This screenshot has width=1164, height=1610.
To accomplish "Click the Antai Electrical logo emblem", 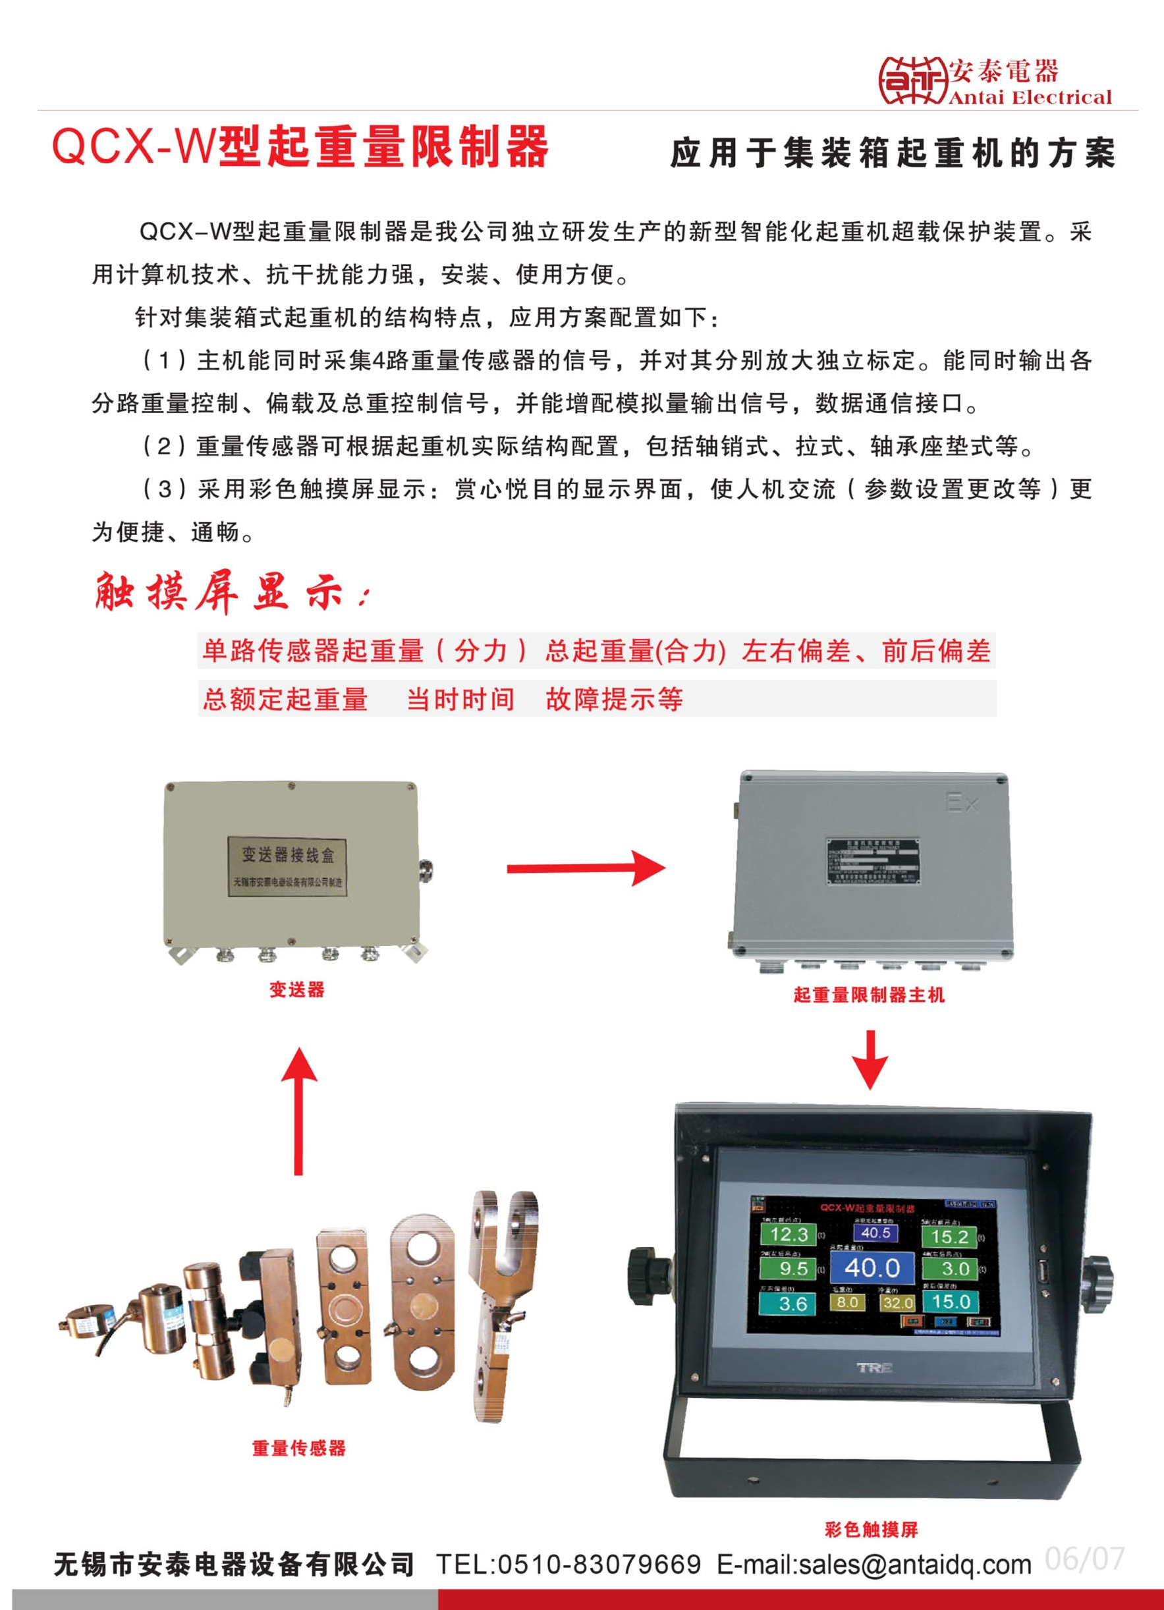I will click(x=914, y=80).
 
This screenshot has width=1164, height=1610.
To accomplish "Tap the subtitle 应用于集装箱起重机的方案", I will click(x=893, y=153).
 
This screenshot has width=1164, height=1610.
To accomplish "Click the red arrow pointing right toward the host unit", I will click(x=586, y=868).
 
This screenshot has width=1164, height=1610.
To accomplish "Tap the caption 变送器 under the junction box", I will click(x=296, y=989).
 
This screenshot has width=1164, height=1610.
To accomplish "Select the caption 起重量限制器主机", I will click(x=869, y=995).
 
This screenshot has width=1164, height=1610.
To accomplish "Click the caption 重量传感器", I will click(x=299, y=1448).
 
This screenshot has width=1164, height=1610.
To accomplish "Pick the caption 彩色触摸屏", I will click(x=871, y=1530).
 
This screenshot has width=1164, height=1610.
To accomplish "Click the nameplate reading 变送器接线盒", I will click(x=287, y=866).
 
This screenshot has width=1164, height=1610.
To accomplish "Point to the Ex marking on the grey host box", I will click(x=962, y=803).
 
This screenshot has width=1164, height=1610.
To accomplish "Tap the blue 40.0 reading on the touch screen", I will click(x=872, y=1268).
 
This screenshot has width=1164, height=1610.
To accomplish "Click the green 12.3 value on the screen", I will click(x=789, y=1235).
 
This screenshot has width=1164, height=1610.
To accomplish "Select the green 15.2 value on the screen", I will click(x=950, y=1237).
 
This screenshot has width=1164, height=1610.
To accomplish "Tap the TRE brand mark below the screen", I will click(x=873, y=1367).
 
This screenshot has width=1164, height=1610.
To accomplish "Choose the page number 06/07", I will click(x=1084, y=1559).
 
